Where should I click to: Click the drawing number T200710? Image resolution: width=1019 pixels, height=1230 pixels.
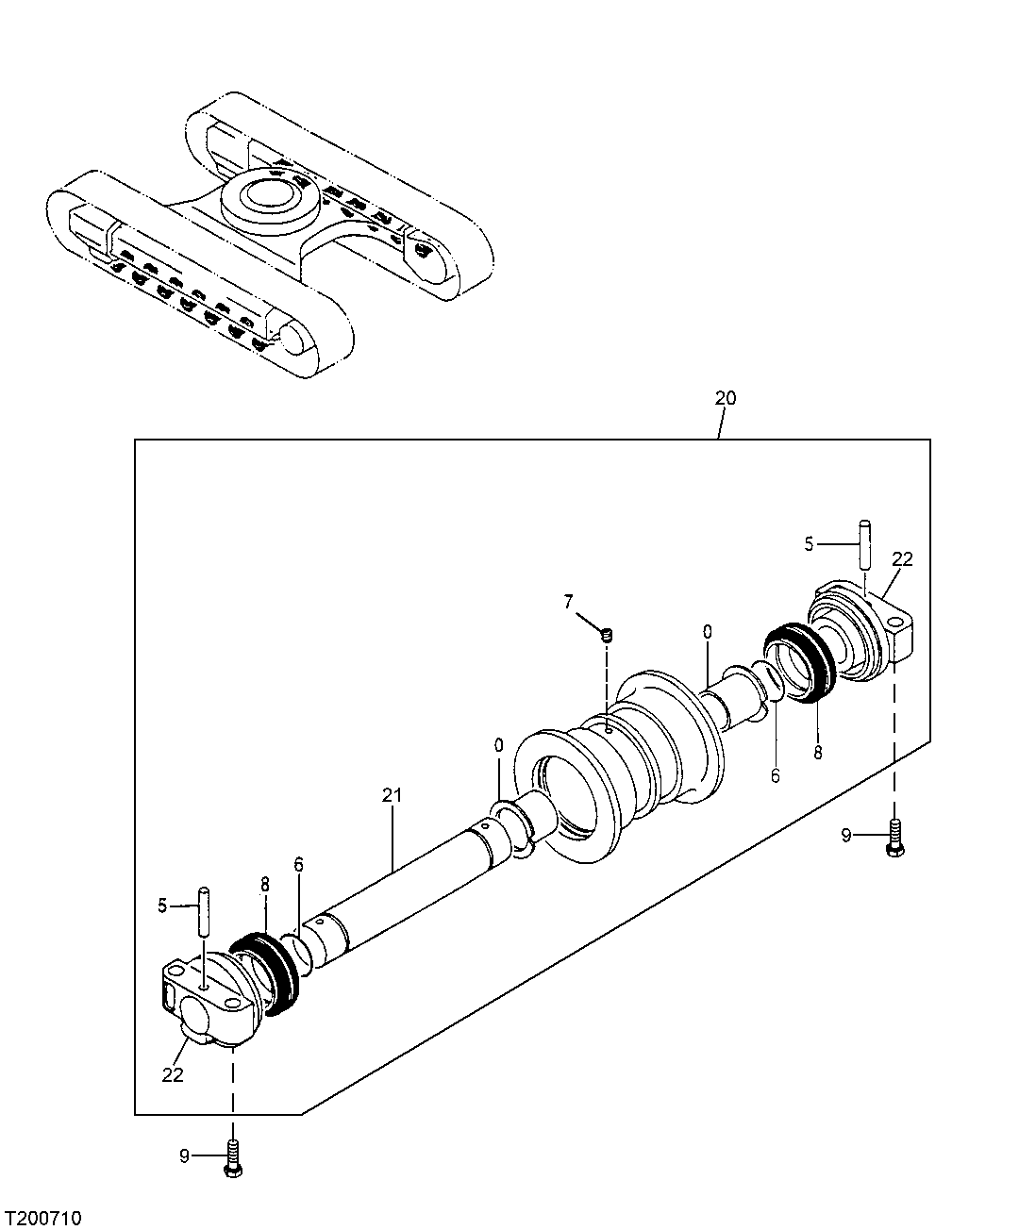pyautogui.click(x=43, y=1219)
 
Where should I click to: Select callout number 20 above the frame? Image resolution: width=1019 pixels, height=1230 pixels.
pyautogui.click(x=725, y=398)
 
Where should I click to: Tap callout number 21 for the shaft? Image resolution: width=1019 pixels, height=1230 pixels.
pyautogui.click(x=393, y=795)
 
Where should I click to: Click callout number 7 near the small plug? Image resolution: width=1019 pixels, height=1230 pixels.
pyautogui.click(x=569, y=601)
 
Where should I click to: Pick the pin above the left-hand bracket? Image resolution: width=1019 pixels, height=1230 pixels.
pyautogui.click(x=203, y=909)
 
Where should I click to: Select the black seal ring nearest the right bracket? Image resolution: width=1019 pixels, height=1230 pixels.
pyautogui.click(x=797, y=662)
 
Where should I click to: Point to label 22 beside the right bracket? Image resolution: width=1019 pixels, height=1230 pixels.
pyautogui.click(x=902, y=559)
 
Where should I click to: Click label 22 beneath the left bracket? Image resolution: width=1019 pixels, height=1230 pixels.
pyautogui.click(x=172, y=1074)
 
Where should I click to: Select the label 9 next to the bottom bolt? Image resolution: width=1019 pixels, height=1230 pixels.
pyautogui.click(x=185, y=1155)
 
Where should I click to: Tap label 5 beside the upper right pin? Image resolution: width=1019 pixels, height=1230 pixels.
pyautogui.click(x=808, y=543)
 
